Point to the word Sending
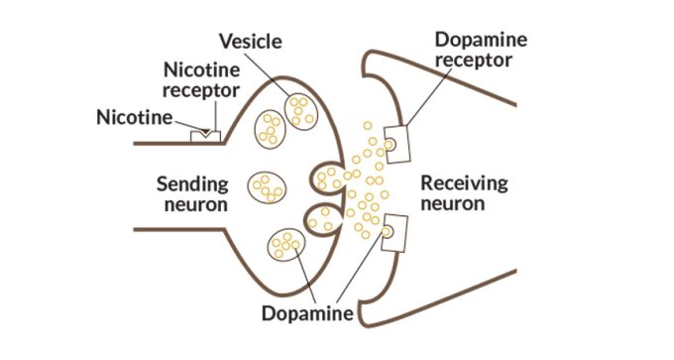pyautogui.click(x=192, y=183)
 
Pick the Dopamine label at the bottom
pyautogui.click(x=308, y=314)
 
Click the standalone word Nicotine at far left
pyautogui.click(x=134, y=118)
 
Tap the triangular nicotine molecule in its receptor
pyautogui.click(x=205, y=132)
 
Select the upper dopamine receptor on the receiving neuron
pyautogui.click(x=395, y=144)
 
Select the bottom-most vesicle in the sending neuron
pyautogui.click(x=285, y=244)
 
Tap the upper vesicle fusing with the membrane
pyautogui.click(x=329, y=178)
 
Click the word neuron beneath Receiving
pyautogui.click(x=453, y=205)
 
